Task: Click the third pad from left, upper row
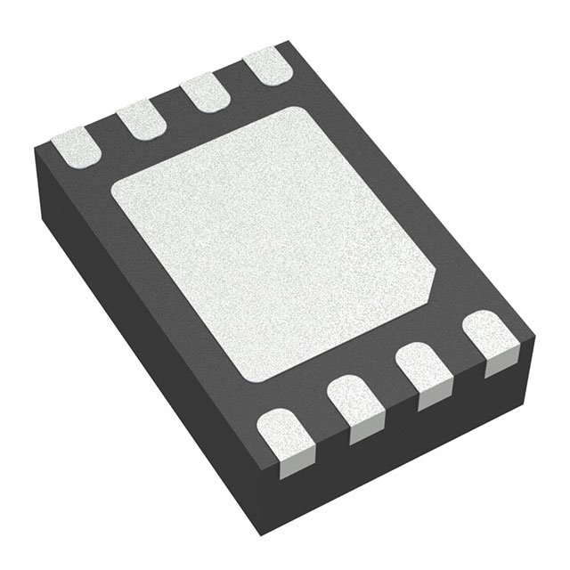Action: pyautogui.click(x=204, y=93)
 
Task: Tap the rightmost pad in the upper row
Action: pyautogui.click(x=265, y=68)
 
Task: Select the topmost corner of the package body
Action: pyautogui.click(x=287, y=41)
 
